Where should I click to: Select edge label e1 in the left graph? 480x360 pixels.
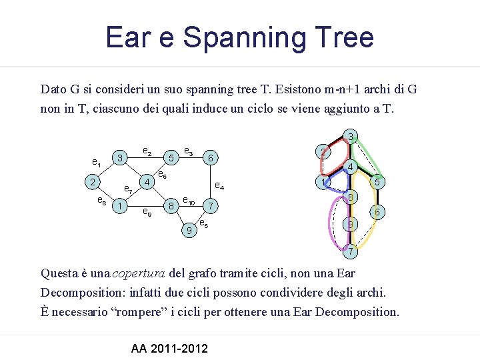tap(97, 162)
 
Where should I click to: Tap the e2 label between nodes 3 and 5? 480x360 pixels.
tap(147, 152)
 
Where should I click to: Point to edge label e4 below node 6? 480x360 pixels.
tap(219, 187)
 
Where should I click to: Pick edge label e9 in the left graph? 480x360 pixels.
tap(147, 214)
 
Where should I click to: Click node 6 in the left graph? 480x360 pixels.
tap(210, 158)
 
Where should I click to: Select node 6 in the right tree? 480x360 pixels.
tap(377, 212)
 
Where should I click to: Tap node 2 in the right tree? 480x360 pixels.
tap(322, 152)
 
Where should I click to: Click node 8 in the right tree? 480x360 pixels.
tap(351, 197)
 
